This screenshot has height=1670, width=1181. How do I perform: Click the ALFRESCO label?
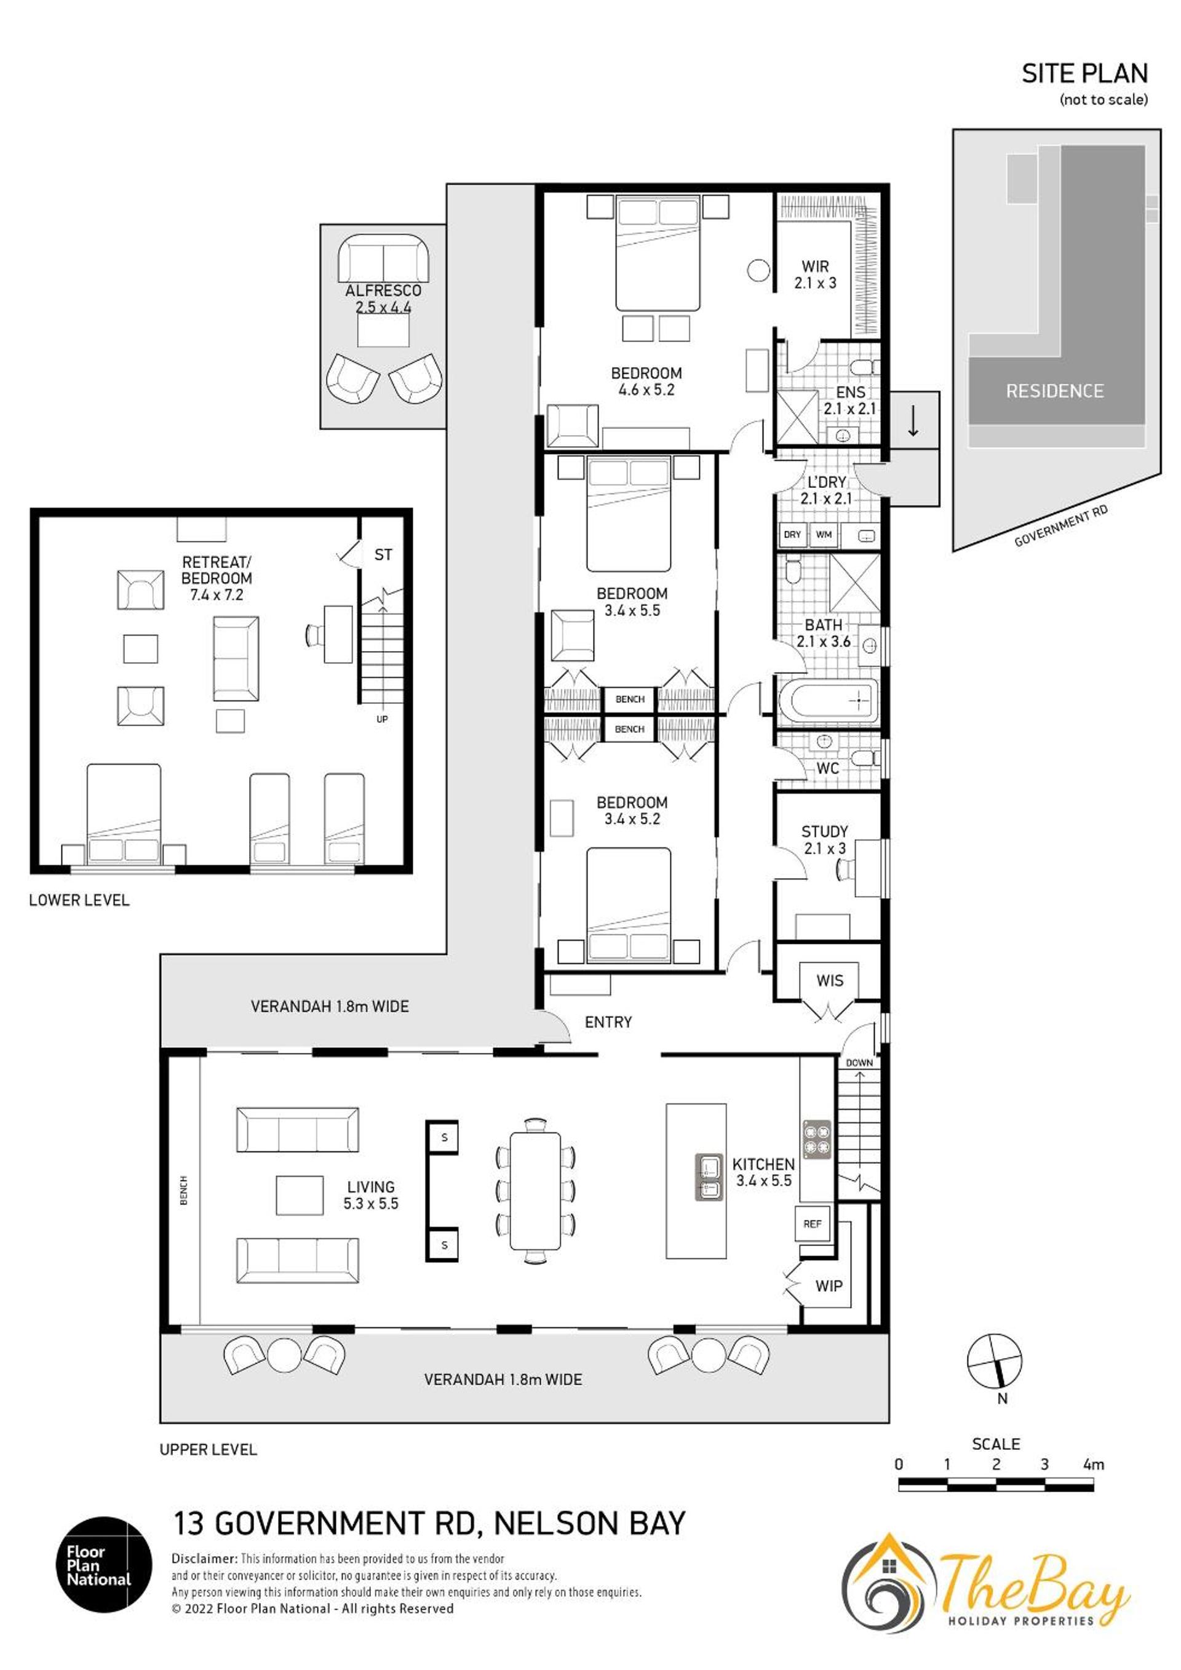[x=383, y=291]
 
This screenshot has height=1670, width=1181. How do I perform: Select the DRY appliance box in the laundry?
[x=792, y=535]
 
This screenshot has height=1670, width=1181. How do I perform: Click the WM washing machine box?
[x=823, y=535]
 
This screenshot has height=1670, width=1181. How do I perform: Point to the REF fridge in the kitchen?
[x=813, y=1224]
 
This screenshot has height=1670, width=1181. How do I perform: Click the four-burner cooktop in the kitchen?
[x=817, y=1138]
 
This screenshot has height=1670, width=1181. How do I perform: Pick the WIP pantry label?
[x=829, y=1286]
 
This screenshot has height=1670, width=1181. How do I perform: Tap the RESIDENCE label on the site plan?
[x=1054, y=391]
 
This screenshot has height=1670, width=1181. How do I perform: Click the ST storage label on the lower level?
[x=383, y=555]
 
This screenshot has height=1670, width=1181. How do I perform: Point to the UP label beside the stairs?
[x=382, y=719]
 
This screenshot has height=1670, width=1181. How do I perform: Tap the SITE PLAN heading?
[x=1084, y=73]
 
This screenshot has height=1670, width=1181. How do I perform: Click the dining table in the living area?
[x=535, y=1190]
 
